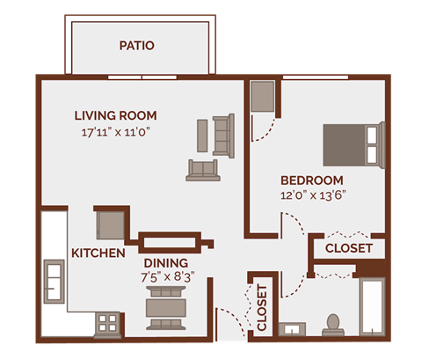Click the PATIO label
coord(136,45)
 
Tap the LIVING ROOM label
coord(115,115)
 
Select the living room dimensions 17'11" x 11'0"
coord(116,134)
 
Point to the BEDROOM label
coord(312,180)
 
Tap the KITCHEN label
coord(98,253)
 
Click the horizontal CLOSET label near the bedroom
coord(348,248)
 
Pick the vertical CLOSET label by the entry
coord(261,309)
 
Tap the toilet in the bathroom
coord(332,325)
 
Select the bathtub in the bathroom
coord(372,307)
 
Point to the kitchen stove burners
coord(108,323)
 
